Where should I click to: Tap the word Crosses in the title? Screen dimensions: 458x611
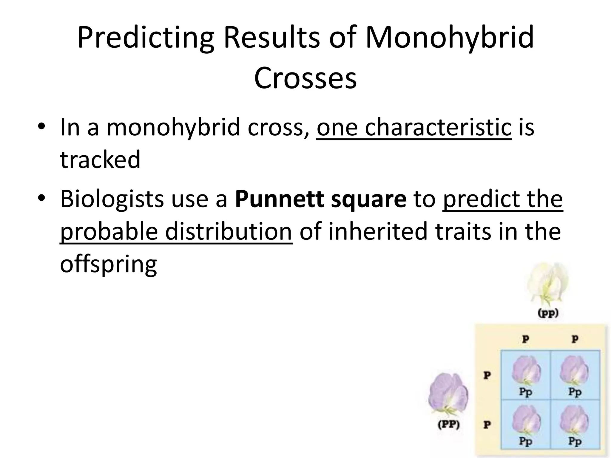pyautogui.click(x=305, y=78)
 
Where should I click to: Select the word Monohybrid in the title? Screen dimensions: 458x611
pyautogui.click(x=449, y=38)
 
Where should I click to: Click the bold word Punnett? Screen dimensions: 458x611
pyautogui.click(x=279, y=199)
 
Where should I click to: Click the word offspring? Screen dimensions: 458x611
pyautogui.click(x=108, y=264)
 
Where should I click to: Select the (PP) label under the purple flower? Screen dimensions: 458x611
pyautogui.click(x=448, y=425)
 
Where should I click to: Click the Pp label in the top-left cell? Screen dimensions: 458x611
pyautogui.click(x=525, y=392)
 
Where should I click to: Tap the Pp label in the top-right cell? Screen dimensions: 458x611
pyautogui.click(x=575, y=392)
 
